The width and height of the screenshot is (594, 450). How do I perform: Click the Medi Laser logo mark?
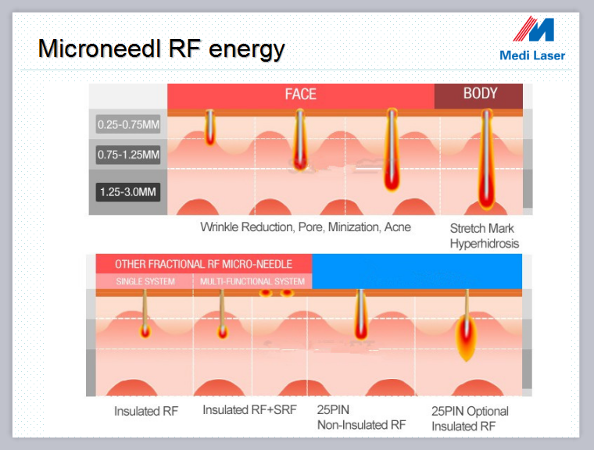[534, 29]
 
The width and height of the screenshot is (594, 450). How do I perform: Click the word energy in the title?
[247, 50]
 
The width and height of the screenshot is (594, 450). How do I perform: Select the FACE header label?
[300, 94]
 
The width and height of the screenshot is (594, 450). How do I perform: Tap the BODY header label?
[480, 93]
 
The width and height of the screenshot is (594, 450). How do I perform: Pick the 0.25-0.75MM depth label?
[128, 124]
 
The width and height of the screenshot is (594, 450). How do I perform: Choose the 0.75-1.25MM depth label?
[128, 155]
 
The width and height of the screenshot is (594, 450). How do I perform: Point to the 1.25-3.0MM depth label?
[128, 191]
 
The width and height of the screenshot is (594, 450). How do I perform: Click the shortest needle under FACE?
[210, 127]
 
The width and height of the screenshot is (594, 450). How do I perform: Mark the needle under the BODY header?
[486, 159]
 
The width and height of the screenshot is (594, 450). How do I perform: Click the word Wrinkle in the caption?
[220, 227]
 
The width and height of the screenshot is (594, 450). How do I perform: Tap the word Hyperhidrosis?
[484, 244]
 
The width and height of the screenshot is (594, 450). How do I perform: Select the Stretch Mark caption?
[481, 228]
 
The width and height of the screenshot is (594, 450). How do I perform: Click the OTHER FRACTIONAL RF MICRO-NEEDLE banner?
[203, 264]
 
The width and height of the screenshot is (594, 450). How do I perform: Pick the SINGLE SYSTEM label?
[145, 281]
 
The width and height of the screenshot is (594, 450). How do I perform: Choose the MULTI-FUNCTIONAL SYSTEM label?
[252, 281]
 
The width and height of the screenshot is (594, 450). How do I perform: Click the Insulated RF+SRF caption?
[249, 410]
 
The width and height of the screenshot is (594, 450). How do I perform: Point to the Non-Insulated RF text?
[361, 425]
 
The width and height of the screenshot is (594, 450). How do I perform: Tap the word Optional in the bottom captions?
[488, 412]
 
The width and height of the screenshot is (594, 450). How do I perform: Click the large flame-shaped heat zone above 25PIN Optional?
[466, 337]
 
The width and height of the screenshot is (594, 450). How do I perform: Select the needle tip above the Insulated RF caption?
[145, 331]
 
